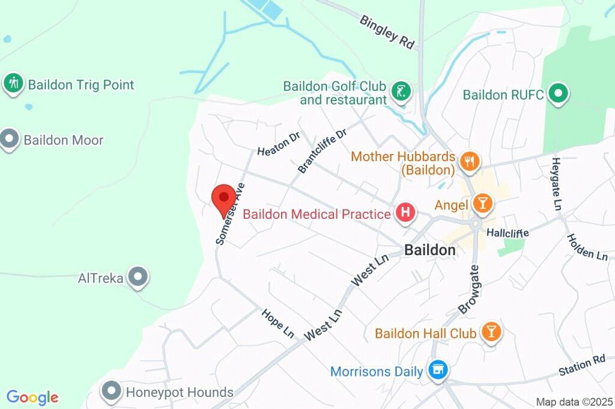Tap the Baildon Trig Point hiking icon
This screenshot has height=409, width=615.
click(13, 84)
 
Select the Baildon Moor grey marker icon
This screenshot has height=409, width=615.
click(10, 140)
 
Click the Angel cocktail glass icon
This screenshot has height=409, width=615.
click(482, 203)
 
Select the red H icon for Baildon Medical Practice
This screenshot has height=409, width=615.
click(405, 213)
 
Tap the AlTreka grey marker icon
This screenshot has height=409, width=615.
click(139, 277)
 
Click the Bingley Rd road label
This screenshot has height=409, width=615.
click(387, 31)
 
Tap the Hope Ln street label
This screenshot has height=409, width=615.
click(277, 323)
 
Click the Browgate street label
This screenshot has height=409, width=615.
click(469, 289)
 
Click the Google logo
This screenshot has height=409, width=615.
click(32, 397)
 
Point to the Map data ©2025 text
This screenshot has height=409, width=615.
click(574, 401)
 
